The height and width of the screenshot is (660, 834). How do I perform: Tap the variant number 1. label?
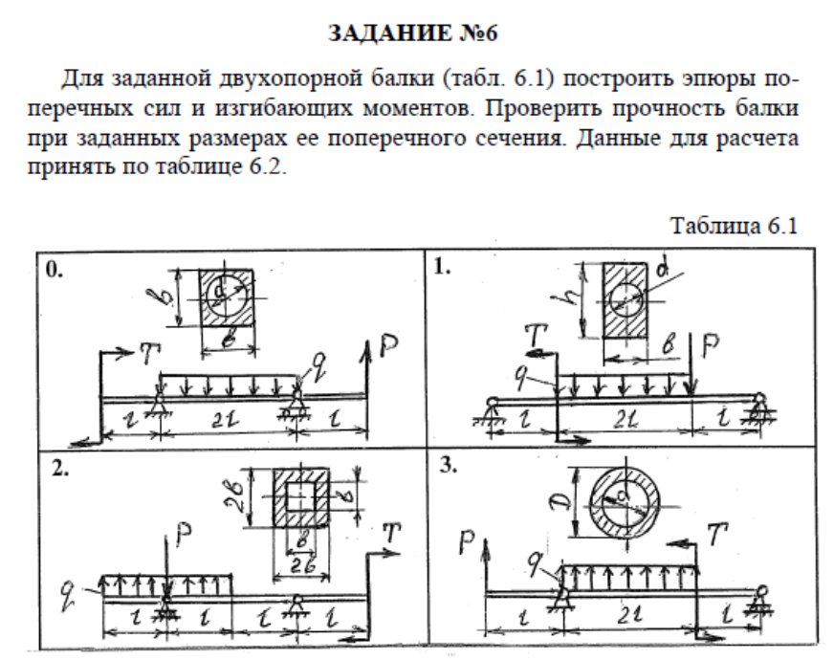coord(442,269)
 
